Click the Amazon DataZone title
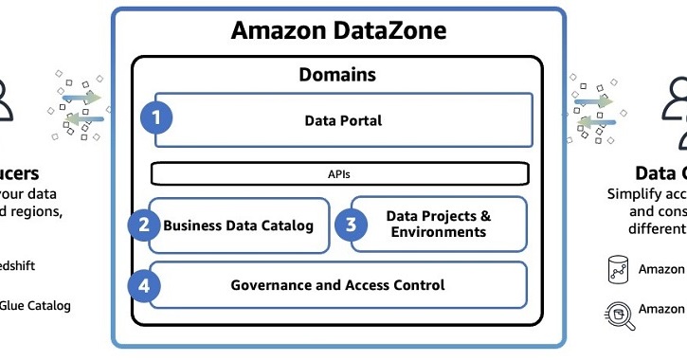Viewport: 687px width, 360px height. point(338,31)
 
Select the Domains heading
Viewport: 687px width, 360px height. point(337,74)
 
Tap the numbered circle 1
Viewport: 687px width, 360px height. point(156,118)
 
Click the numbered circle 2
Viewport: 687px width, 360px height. point(144,225)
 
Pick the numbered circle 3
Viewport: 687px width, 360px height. point(350,225)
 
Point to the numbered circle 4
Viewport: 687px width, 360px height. point(144,284)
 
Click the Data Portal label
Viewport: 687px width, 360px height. point(343,120)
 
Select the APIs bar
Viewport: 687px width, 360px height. point(339,174)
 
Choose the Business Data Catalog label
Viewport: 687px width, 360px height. point(238,225)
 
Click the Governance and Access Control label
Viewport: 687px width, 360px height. point(337,285)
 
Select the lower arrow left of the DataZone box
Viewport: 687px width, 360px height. point(82,120)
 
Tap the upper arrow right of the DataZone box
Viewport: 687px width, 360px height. point(595,98)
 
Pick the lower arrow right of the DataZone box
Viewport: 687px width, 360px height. point(596,121)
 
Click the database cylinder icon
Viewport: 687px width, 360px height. point(620,270)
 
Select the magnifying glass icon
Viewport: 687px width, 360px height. point(620,312)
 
